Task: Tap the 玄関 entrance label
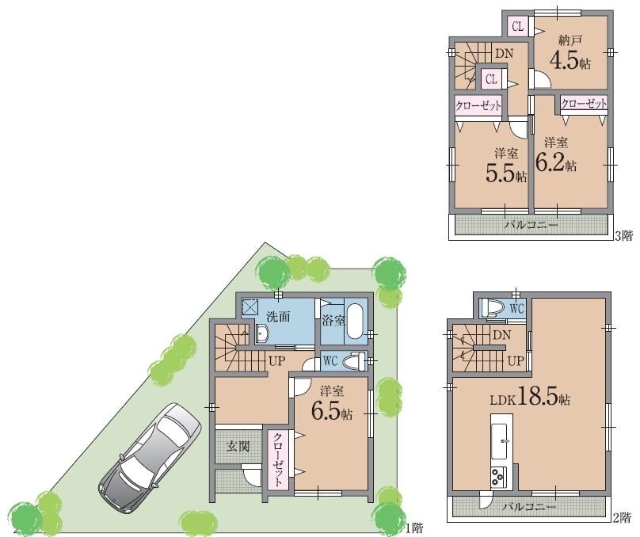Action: [x=239, y=446]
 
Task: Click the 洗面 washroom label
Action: [x=277, y=316]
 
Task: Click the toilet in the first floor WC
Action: [x=356, y=361]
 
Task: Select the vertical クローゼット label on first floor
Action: [x=279, y=459]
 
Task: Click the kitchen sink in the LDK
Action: [x=501, y=441]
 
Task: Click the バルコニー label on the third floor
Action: [x=531, y=225]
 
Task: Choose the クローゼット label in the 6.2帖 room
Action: [x=584, y=103]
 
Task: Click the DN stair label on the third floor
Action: [x=504, y=53]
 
